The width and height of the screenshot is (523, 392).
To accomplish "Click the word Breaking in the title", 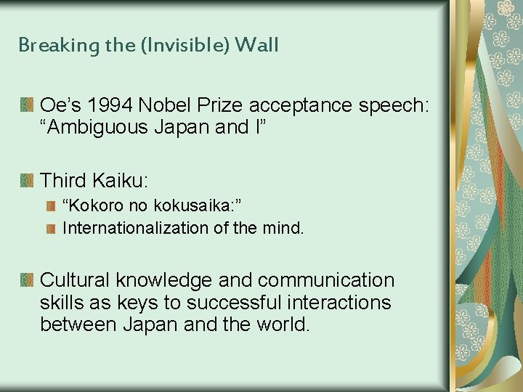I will coord(49,45).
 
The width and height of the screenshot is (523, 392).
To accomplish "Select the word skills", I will coord(62,302).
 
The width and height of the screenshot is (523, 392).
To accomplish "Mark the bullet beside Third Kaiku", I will coord(27,179).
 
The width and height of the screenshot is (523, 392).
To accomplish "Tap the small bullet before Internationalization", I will coord(50,229).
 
